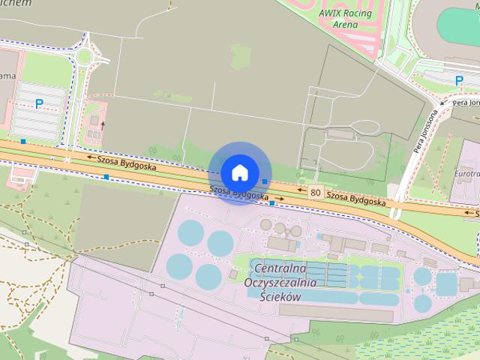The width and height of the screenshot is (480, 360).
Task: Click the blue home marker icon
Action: [239, 172]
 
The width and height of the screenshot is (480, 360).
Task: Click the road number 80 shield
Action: [315, 193]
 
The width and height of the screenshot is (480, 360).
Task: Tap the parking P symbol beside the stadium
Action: [459, 79]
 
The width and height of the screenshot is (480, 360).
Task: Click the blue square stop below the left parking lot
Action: [24, 141]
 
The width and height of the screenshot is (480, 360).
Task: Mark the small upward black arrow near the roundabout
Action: [103, 125]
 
